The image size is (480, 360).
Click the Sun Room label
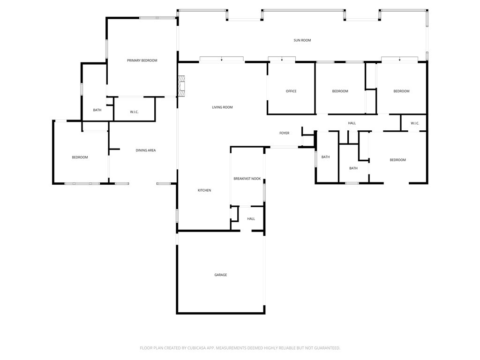[x=302, y=40]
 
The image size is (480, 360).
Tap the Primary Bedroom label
[x=142, y=60]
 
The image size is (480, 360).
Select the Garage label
[x=220, y=275]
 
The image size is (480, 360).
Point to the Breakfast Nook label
[x=247, y=179]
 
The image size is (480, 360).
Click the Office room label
[x=291, y=91]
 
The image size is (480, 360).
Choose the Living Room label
[x=222, y=107]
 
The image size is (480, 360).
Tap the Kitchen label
[x=204, y=190]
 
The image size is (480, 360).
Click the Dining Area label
[x=146, y=150]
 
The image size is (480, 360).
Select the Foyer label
[x=284, y=133]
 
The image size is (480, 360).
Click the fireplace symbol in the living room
[x=182, y=86]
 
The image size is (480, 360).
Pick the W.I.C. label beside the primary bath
[x=134, y=112]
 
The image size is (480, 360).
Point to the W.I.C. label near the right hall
[x=415, y=123]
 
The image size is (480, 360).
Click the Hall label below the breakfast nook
[x=251, y=218]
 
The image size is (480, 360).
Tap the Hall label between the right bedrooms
[x=352, y=123]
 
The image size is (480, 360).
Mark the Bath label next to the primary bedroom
[x=97, y=110]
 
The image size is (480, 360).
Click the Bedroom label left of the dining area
[x=80, y=157]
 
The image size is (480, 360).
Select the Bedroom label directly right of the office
[x=340, y=91]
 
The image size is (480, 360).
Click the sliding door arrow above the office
[x=282, y=60]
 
